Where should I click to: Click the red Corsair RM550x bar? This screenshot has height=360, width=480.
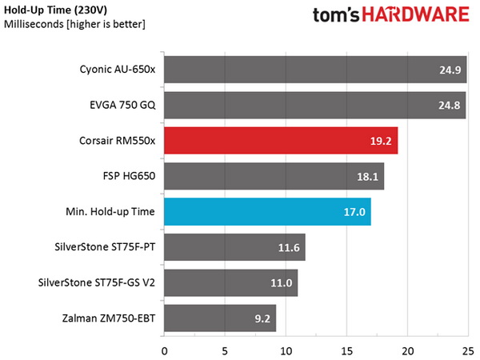[280, 140]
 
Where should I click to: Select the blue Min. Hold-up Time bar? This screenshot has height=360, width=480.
[266, 212]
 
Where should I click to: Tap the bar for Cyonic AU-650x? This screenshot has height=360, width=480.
[314, 69]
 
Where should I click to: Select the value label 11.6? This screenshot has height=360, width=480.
[289, 248]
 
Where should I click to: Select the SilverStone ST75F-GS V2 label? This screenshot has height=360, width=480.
[96, 283]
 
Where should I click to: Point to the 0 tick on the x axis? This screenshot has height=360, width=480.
[164, 350]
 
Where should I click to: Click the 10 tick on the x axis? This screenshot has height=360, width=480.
[286, 350]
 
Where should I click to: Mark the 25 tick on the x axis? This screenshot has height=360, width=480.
[466, 350]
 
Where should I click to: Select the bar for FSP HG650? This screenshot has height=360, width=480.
[274, 176]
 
